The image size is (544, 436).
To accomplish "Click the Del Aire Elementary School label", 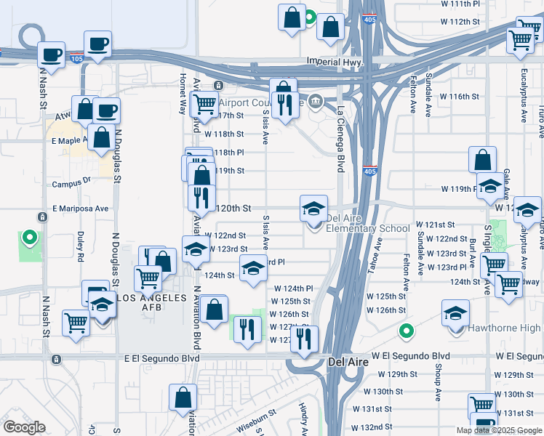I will pyautogui.click(x=368, y=223).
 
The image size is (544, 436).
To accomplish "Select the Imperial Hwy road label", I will pyautogui.click(x=335, y=62).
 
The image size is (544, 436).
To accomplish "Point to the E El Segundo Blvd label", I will pyautogui.click(x=161, y=358).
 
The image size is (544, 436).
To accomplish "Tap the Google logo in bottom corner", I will pyautogui.click(x=23, y=427).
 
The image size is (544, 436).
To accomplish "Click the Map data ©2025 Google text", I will pyautogui.click(x=499, y=430).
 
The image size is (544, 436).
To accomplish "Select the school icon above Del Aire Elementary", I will pyautogui.click(x=314, y=209).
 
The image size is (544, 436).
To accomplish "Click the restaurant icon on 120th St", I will pyautogui.click(x=201, y=197).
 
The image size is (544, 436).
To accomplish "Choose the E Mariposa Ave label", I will pyautogui.click(x=80, y=209).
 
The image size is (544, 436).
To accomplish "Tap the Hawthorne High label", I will pyautogui.click(x=503, y=328).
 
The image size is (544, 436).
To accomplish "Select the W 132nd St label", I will pyautogui.click(x=374, y=427).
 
